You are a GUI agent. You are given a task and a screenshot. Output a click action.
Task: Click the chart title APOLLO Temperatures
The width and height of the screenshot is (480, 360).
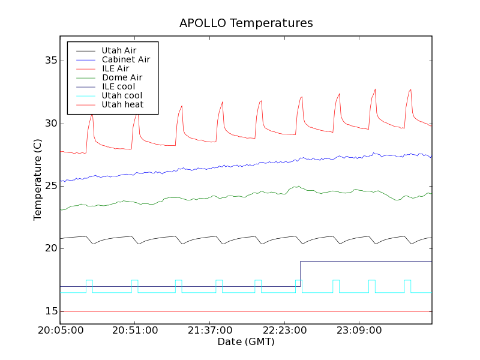246,23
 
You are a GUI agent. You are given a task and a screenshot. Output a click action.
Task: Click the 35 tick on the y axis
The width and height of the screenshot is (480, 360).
50,61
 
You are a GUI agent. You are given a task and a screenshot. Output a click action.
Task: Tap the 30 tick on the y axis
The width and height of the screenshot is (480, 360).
50,124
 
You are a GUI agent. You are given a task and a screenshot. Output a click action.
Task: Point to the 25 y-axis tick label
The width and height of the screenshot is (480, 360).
50,186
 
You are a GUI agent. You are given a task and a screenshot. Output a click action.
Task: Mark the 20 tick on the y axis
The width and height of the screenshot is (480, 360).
50,248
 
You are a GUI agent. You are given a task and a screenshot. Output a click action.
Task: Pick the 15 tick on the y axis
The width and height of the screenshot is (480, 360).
50,311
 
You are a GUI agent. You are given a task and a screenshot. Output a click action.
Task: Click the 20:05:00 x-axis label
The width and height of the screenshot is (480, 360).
60,331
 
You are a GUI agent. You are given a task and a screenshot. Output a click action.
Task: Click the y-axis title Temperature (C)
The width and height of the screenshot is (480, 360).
38,180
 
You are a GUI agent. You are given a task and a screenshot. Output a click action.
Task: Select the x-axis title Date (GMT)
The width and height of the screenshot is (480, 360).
246,341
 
